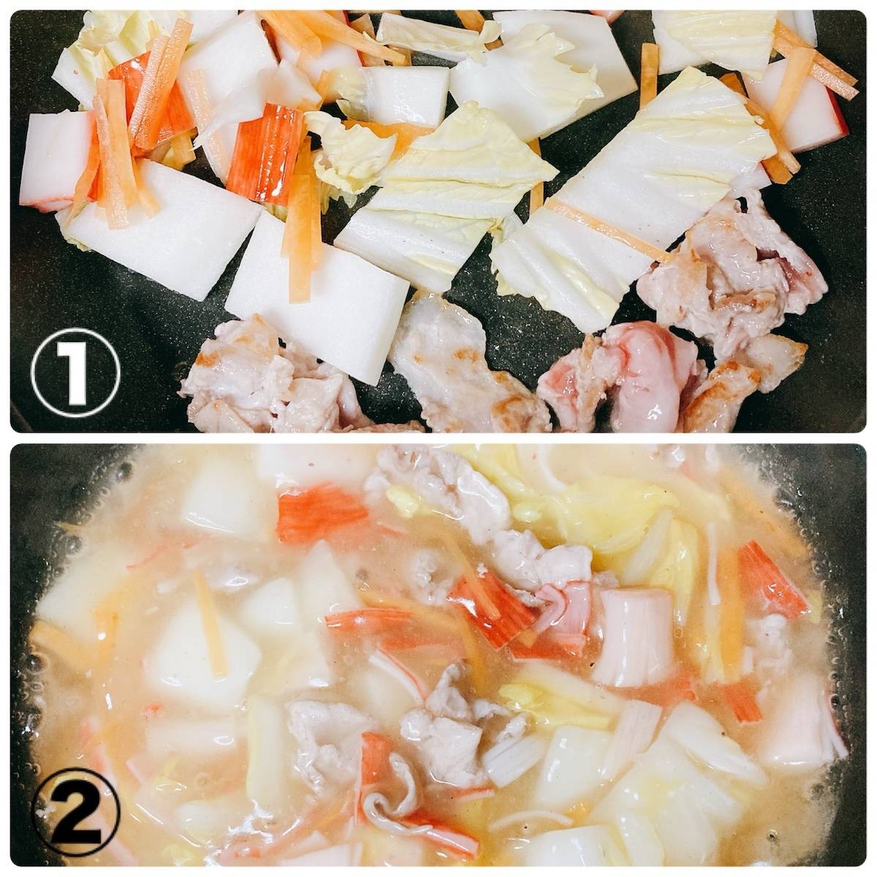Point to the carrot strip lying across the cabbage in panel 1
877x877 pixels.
609,229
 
